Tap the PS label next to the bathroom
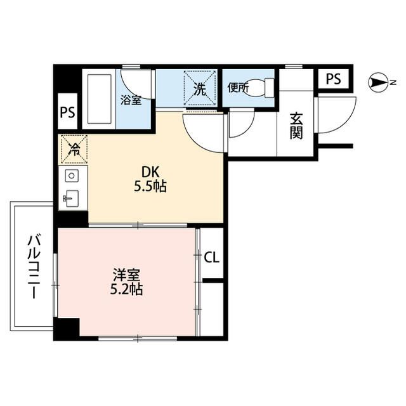click(67, 113)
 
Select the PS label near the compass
click(333, 79)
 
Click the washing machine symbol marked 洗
click(199, 89)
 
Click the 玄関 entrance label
click(296, 125)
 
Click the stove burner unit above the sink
click(72, 175)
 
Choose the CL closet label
click(212, 257)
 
